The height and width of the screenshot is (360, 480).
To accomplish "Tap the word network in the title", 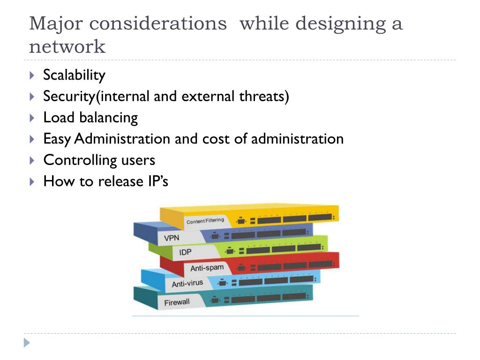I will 67,47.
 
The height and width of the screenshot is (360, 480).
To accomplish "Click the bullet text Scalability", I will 74,75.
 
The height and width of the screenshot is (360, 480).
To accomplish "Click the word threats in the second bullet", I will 264,97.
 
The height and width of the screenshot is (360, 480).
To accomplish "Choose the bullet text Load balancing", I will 90,118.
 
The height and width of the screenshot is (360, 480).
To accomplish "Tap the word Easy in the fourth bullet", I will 57,139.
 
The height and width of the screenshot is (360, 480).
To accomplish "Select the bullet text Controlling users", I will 99,160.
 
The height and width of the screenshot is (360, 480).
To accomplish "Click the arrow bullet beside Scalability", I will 32,75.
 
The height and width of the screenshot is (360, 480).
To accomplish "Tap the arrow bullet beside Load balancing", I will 32,118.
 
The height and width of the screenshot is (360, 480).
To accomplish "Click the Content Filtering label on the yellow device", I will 205,221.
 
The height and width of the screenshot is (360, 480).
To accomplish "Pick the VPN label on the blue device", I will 172,238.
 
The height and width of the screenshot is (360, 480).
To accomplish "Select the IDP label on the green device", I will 185,253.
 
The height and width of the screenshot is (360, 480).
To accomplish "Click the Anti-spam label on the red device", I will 207,268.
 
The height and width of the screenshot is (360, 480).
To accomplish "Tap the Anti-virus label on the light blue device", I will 187,284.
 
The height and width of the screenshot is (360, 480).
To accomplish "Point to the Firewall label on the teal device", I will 177,302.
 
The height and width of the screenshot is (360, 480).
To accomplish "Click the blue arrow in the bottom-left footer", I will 27,343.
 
